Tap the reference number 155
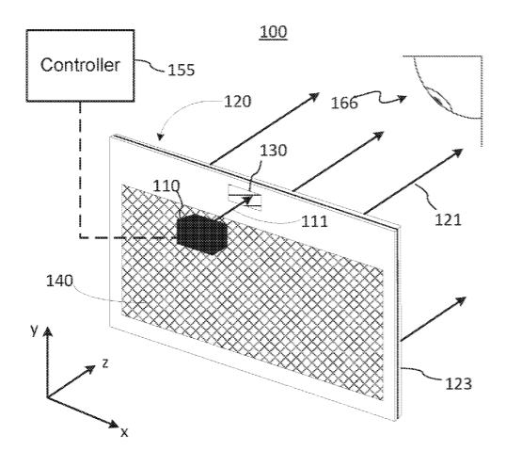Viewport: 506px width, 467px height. click(x=181, y=70)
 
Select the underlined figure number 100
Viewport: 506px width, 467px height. click(x=273, y=32)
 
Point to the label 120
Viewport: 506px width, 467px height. click(x=238, y=102)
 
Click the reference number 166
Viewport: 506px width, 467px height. click(x=344, y=103)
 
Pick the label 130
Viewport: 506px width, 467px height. click(x=273, y=151)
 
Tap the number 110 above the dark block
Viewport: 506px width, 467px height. click(x=166, y=185)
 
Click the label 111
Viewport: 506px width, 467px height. click(x=314, y=221)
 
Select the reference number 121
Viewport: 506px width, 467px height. click(x=449, y=220)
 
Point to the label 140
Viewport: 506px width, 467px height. click(x=59, y=281)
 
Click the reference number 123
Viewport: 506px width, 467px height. click(x=458, y=384)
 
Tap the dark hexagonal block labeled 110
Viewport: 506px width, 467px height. click(x=202, y=234)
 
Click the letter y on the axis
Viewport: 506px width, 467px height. click(x=34, y=330)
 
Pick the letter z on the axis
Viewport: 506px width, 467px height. click(x=105, y=363)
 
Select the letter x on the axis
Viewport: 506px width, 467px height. click(x=124, y=432)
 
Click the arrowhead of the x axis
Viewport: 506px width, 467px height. click(x=115, y=424)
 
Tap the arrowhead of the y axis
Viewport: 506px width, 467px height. click(x=48, y=331)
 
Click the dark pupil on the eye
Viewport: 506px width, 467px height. click(x=438, y=100)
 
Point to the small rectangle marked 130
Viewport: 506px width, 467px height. click(x=245, y=198)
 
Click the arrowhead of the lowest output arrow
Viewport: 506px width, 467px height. click(x=462, y=300)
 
